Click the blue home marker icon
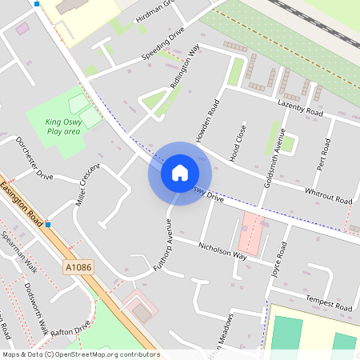(x=180, y=173)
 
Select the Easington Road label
(x=22, y=199)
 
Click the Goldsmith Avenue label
(x=272, y=157)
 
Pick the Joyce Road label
(x=279, y=258)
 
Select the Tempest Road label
(x=328, y=305)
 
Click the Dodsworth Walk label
(x=35, y=307)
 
